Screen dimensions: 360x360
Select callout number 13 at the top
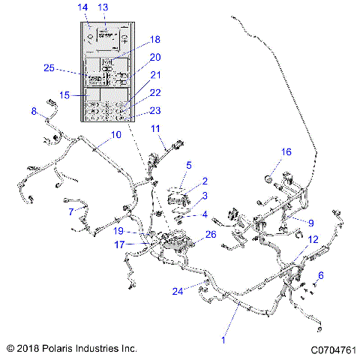tap(103, 7)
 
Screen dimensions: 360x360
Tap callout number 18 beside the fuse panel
tap(155, 40)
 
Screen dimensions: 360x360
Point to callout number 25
tap(49, 68)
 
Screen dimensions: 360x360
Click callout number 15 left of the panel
tap(64, 95)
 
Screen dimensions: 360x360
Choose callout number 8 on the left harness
tap(34, 111)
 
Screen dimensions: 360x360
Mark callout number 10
tap(115, 135)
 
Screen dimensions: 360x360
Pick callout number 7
tap(71, 212)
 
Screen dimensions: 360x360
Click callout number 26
tap(211, 234)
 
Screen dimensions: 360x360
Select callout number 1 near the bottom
tap(222, 340)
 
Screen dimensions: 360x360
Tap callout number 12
tap(313, 239)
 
